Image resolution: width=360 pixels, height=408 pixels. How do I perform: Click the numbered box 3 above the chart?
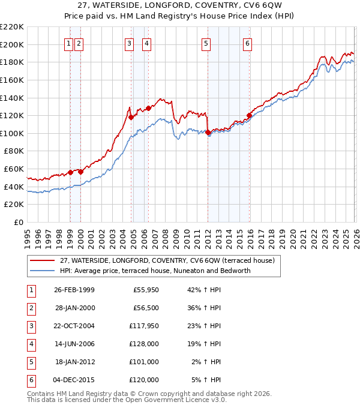click(x=129, y=43)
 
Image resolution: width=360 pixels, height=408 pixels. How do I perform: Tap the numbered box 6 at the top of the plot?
click(x=247, y=43)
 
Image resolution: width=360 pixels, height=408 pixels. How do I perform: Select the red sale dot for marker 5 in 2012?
click(x=207, y=132)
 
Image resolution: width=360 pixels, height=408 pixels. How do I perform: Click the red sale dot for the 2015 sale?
click(x=248, y=115)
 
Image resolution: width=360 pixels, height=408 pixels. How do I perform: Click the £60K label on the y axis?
click(x=14, y=169)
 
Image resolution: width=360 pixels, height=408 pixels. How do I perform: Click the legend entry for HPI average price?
click(x=155, y=271)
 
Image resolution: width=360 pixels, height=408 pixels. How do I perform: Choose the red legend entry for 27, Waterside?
click(x=166, y=260)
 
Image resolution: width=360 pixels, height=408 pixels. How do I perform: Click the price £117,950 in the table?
click(x=143, y=326)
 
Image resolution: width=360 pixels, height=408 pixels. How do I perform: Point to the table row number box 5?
click(x=29, y=362)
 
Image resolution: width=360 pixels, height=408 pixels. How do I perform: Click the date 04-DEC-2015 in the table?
click(x=74, y=380)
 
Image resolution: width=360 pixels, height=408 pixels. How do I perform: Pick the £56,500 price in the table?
click(x=146, y=308)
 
